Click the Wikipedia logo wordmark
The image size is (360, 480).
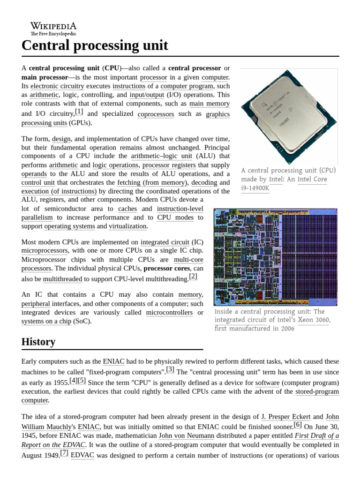[53, 26]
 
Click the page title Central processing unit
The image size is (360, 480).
[94, 46]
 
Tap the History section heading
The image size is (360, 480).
[38, 342]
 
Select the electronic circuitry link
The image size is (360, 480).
[57, 86]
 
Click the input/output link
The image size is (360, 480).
[147, 95]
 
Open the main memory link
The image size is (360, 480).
[209, 104]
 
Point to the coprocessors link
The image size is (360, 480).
[156, 114]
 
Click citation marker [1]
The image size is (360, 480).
[79, 112]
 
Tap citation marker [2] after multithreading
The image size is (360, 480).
[193, 277]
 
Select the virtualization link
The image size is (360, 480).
[127, 226]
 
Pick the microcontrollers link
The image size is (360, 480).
[169, 313]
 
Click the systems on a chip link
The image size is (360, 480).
[46, 322]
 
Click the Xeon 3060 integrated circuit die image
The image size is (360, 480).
[275, 257]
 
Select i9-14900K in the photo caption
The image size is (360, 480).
[255, 188]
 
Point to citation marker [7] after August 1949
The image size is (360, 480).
[64, 452]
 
